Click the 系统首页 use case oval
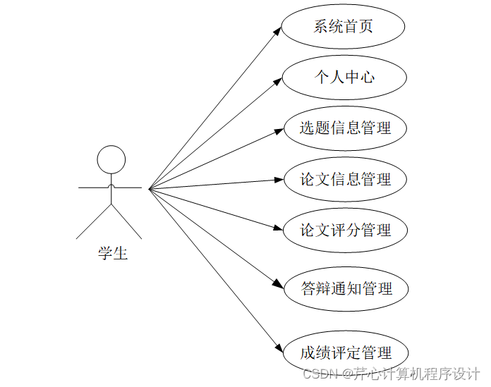click(x=343, y=27)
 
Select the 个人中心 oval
click(x=344, y=77)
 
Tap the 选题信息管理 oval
click(x=345, y=128)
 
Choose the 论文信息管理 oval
click(x=345, y=179)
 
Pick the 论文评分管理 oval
click(x=345, y=230)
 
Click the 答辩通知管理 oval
click(x=346, y=288)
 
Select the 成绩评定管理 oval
click(x=345, y=352)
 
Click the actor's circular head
click(x=111, y=159)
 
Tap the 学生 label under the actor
click(x=112, y=253)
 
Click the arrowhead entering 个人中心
click(x=277, y=81)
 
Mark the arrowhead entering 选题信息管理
click(x=277, y=130)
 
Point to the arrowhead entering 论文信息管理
click(x=277, y=180)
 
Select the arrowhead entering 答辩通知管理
click(x=278, y=284)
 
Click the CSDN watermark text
click(x=392, y=373)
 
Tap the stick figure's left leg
click(x=94, y=221)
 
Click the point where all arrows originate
click(x=150, y=188)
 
